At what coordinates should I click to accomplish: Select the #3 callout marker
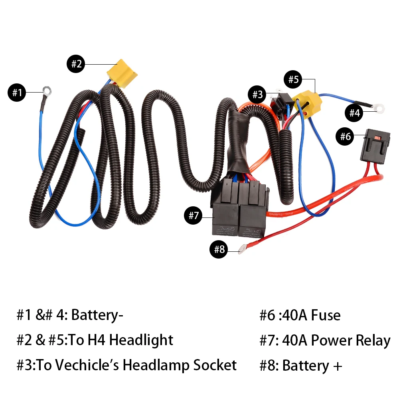coord(257,95)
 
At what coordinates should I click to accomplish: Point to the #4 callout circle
coord(354,113)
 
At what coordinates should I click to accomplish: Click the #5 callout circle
coord(293,79)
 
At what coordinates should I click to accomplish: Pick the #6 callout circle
coord(346,137)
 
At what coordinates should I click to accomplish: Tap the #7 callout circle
coord(194,216)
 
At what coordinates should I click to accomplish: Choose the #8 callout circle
coord(219,249)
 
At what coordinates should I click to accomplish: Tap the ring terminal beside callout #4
coord(379,107)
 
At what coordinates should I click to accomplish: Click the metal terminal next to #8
coord(242,250)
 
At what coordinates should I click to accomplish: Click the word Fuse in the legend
coord(326,315)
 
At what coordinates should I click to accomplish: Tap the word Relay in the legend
coord(372,340)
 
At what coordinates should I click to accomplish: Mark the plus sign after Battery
coord(337,366)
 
